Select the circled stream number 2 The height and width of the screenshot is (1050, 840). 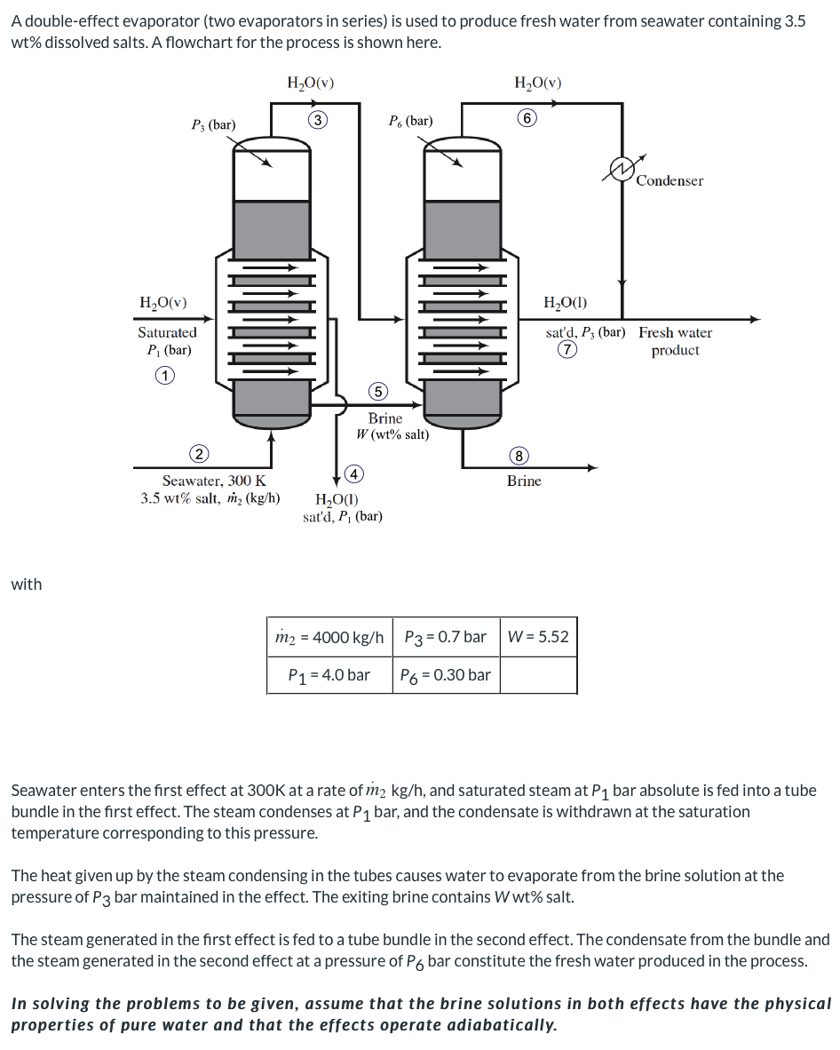click(200, 454)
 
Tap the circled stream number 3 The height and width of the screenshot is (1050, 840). click(315, 120)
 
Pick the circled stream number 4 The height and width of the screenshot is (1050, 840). click(353, 471)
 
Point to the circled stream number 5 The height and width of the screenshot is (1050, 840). click(377, 392)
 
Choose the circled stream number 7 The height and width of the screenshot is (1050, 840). click(566, 350)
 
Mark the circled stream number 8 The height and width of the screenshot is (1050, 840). click(519, 457)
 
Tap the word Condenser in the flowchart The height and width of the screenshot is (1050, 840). click(670, 181)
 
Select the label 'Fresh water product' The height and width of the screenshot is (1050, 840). click(675, 341)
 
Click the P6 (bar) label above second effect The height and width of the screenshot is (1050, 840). click(410, 121)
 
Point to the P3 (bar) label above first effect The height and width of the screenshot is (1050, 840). click(213, 124)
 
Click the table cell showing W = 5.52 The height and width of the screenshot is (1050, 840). click(538, 637)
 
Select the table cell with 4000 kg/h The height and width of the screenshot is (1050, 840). click(329, 637)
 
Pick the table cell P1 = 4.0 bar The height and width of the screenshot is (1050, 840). click(329, 675)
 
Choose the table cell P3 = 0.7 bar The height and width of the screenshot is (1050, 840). click(445, 637)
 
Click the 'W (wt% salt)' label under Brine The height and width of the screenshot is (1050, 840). click(392, 434)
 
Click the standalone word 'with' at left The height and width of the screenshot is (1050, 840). click(26, 585)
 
